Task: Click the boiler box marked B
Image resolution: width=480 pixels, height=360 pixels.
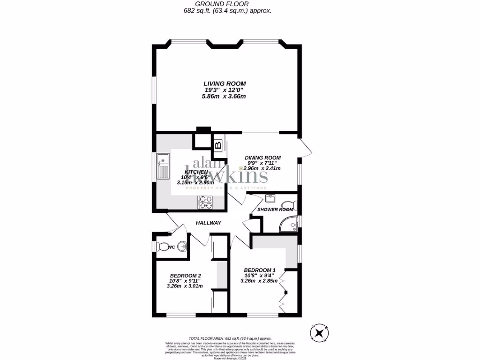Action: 218,145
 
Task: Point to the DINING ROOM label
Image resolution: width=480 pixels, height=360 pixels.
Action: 262,158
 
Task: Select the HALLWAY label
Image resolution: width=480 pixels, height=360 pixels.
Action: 208,223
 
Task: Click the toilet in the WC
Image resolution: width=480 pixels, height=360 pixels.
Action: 162,246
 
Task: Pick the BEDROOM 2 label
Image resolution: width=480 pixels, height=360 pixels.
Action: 186,275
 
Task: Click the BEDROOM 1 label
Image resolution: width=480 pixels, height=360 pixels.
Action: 259,270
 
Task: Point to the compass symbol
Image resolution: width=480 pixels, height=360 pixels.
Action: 319,333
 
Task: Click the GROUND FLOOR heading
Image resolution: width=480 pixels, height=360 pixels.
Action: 228,4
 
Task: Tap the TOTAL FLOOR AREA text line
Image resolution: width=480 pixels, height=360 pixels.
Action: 230,338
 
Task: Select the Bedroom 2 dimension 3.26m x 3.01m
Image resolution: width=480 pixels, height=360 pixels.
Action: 185,286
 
